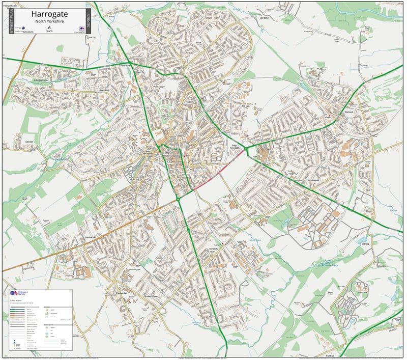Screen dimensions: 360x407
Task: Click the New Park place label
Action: pyautogui.click(x=126, y=66)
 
